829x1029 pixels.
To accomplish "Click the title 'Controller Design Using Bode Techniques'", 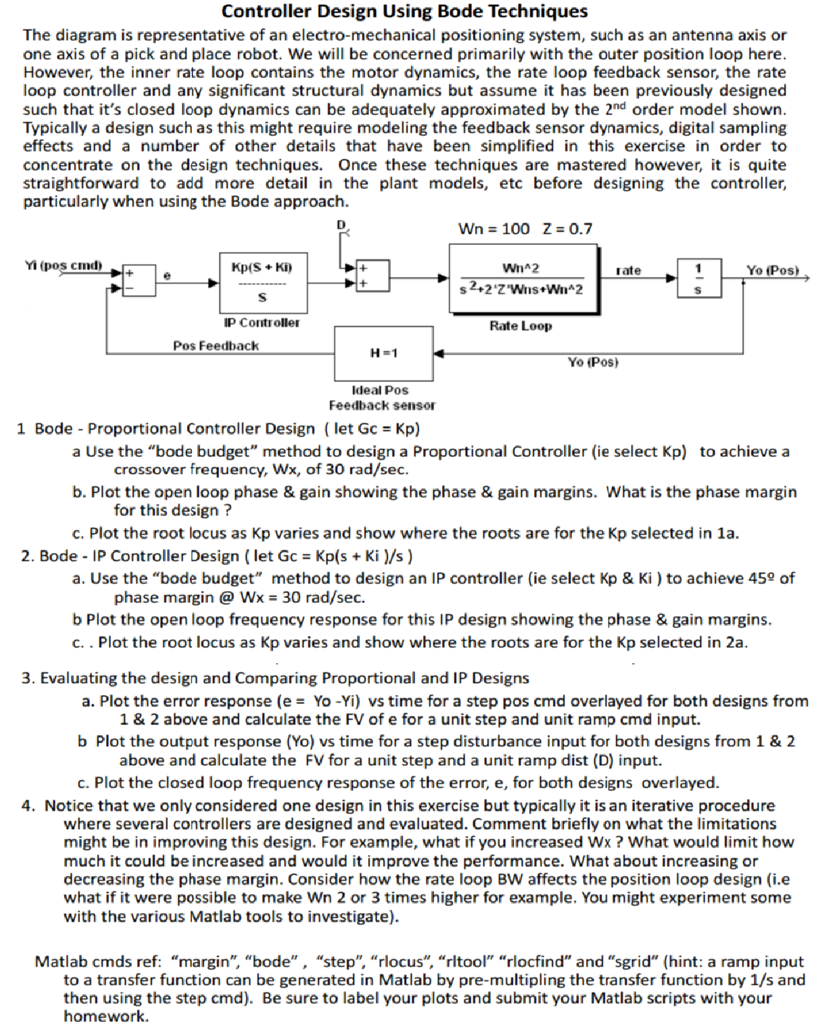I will tap(405, 11).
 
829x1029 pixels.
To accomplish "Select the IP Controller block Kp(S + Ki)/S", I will tap(263, 282).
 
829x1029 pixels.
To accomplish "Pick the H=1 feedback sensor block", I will tap(383, 353).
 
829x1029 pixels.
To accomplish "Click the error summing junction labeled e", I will tap(139, 278).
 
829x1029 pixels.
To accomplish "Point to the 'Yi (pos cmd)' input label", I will tap(63, 266).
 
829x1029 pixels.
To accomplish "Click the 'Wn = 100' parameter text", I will tap(493, 229).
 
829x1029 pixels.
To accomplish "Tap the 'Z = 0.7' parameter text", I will tap(568, 229).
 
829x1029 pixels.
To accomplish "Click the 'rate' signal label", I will tap(628, 270).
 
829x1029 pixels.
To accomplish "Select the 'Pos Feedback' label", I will tap(216, 345).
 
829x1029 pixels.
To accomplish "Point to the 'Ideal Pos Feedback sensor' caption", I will tap(381, 397).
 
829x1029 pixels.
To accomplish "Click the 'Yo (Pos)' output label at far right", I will tap(772, 270).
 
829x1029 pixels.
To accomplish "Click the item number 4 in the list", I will tap(27, 806).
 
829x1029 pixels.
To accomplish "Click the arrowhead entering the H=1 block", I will tap(438, 353).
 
